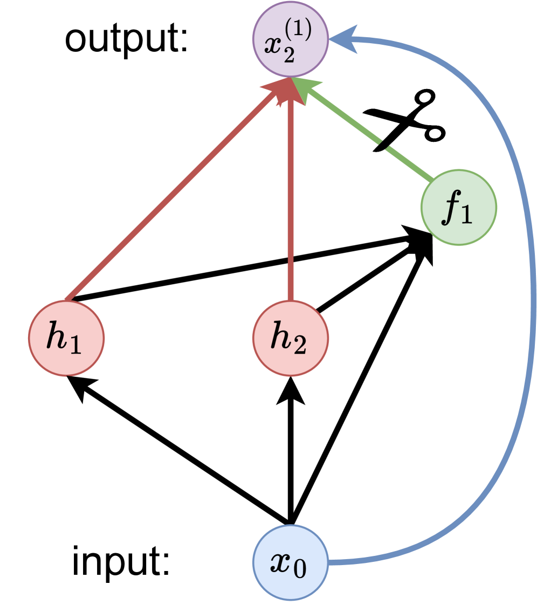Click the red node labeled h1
[x=66, y=338]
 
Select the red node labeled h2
[x=291, y=338]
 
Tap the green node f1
[x=459, y=208]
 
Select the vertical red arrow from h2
[x=291, y=205]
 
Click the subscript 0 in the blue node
[x=300, y=569]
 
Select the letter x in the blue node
[x=281, y=563]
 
